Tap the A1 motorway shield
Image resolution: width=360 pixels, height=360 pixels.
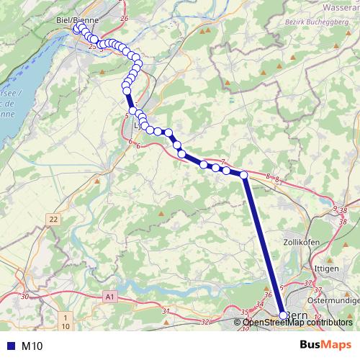pyautogui.click(x=109, y=296)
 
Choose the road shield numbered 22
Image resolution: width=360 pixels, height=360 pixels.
pyautogui.click(x=53, y=218)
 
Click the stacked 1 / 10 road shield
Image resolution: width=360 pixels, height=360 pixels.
pyautogui.click(x=66, y=322)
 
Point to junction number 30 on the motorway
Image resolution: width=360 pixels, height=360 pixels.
pyautogui.click(x=25, y=296)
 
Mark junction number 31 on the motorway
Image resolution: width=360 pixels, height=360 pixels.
pyautogui.click(x=166, y=311)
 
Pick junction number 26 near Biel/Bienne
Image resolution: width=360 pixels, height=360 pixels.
pyautogui.click(x=125, y=18)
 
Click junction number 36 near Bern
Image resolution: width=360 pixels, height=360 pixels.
pyautogui.click(x=268, y=295)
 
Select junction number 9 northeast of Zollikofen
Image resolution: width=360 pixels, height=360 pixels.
pyautogui.click(x=334, y=209)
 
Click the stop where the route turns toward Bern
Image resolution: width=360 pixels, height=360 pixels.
pyautogui.click(x=243, y=175)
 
